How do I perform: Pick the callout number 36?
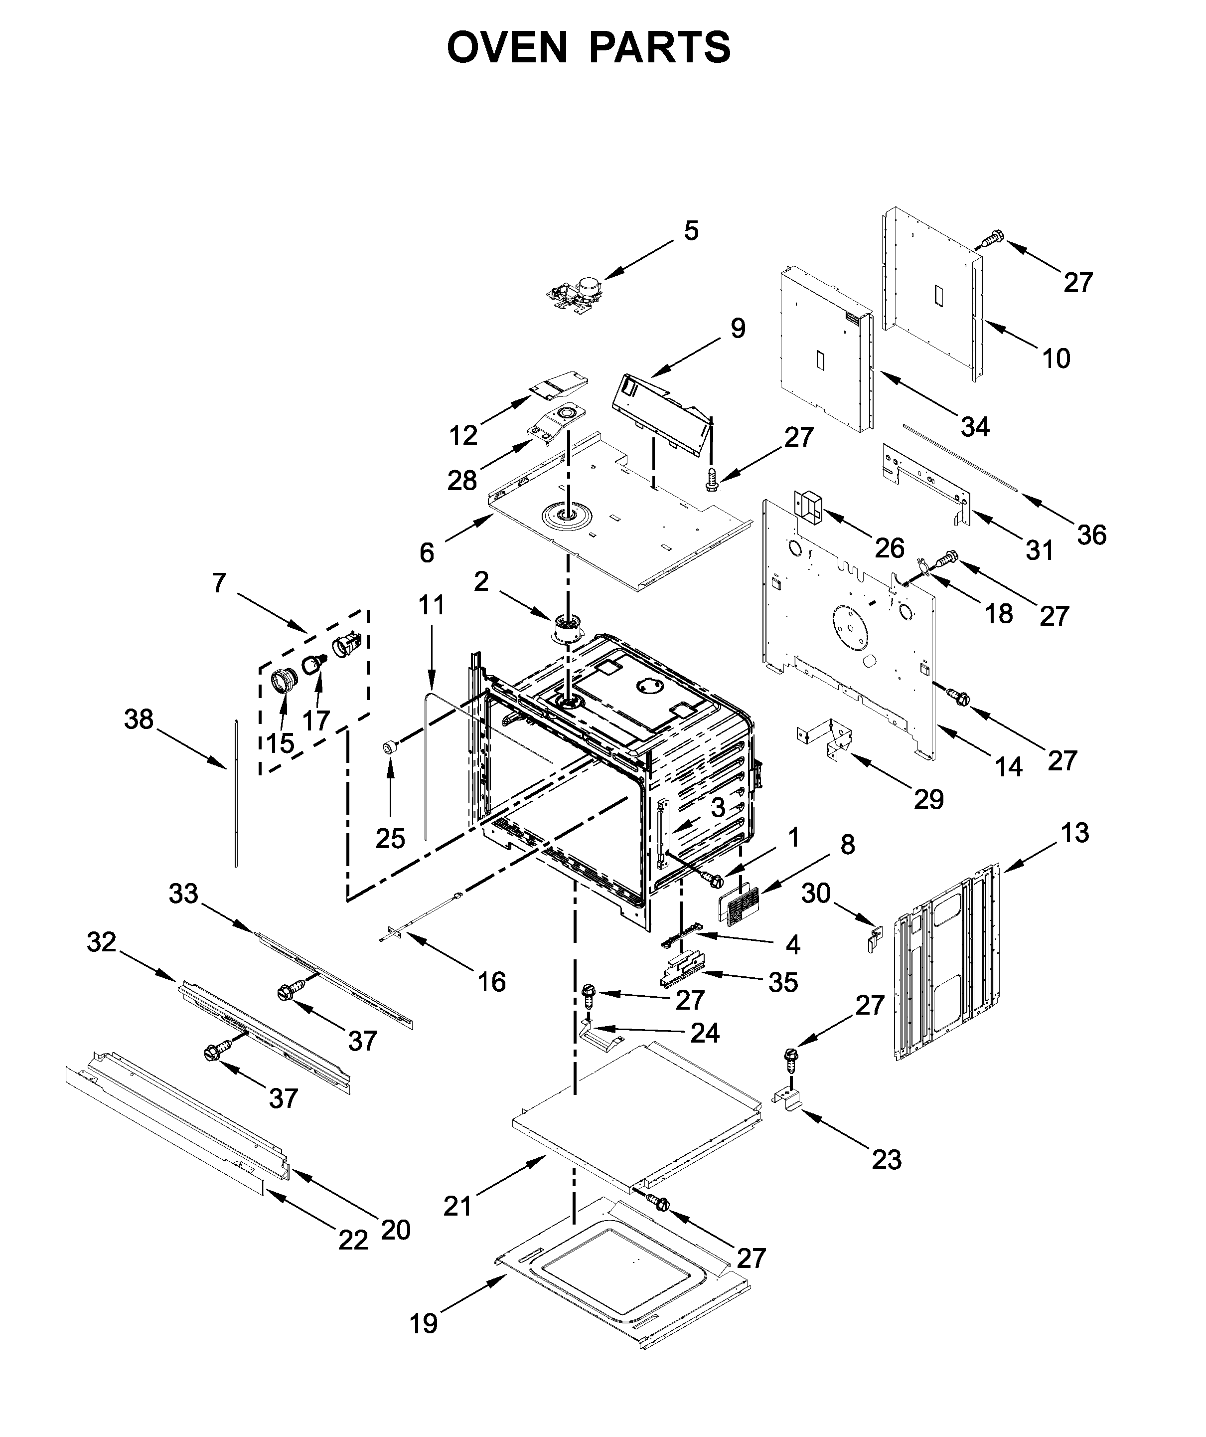1091,535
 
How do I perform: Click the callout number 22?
353,1240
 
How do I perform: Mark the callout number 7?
218,583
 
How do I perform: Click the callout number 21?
457,1207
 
